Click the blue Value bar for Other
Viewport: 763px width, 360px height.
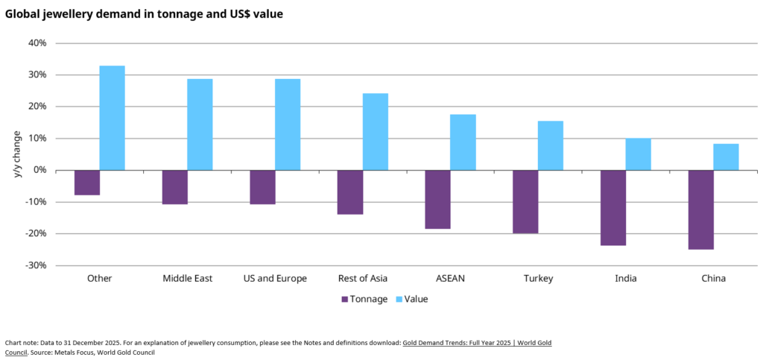point(112,118)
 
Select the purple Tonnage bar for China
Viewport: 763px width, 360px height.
point(700,209)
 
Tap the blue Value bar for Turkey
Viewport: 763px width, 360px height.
point(551,145)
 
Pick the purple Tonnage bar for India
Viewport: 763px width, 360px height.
point(613,207)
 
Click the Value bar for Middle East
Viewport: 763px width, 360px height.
point(200,124)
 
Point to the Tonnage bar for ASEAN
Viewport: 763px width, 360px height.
point(437,199)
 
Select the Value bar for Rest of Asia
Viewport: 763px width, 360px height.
point(375,131)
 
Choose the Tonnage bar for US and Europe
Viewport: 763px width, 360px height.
point(262,187)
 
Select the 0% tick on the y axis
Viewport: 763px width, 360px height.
point(40,170)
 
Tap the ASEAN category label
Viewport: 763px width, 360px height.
point(450,279)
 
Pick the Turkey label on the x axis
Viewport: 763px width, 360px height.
point(538,279)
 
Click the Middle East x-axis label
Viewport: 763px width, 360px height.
point(187,279)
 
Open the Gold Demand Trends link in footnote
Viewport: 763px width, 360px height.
point(477,342)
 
